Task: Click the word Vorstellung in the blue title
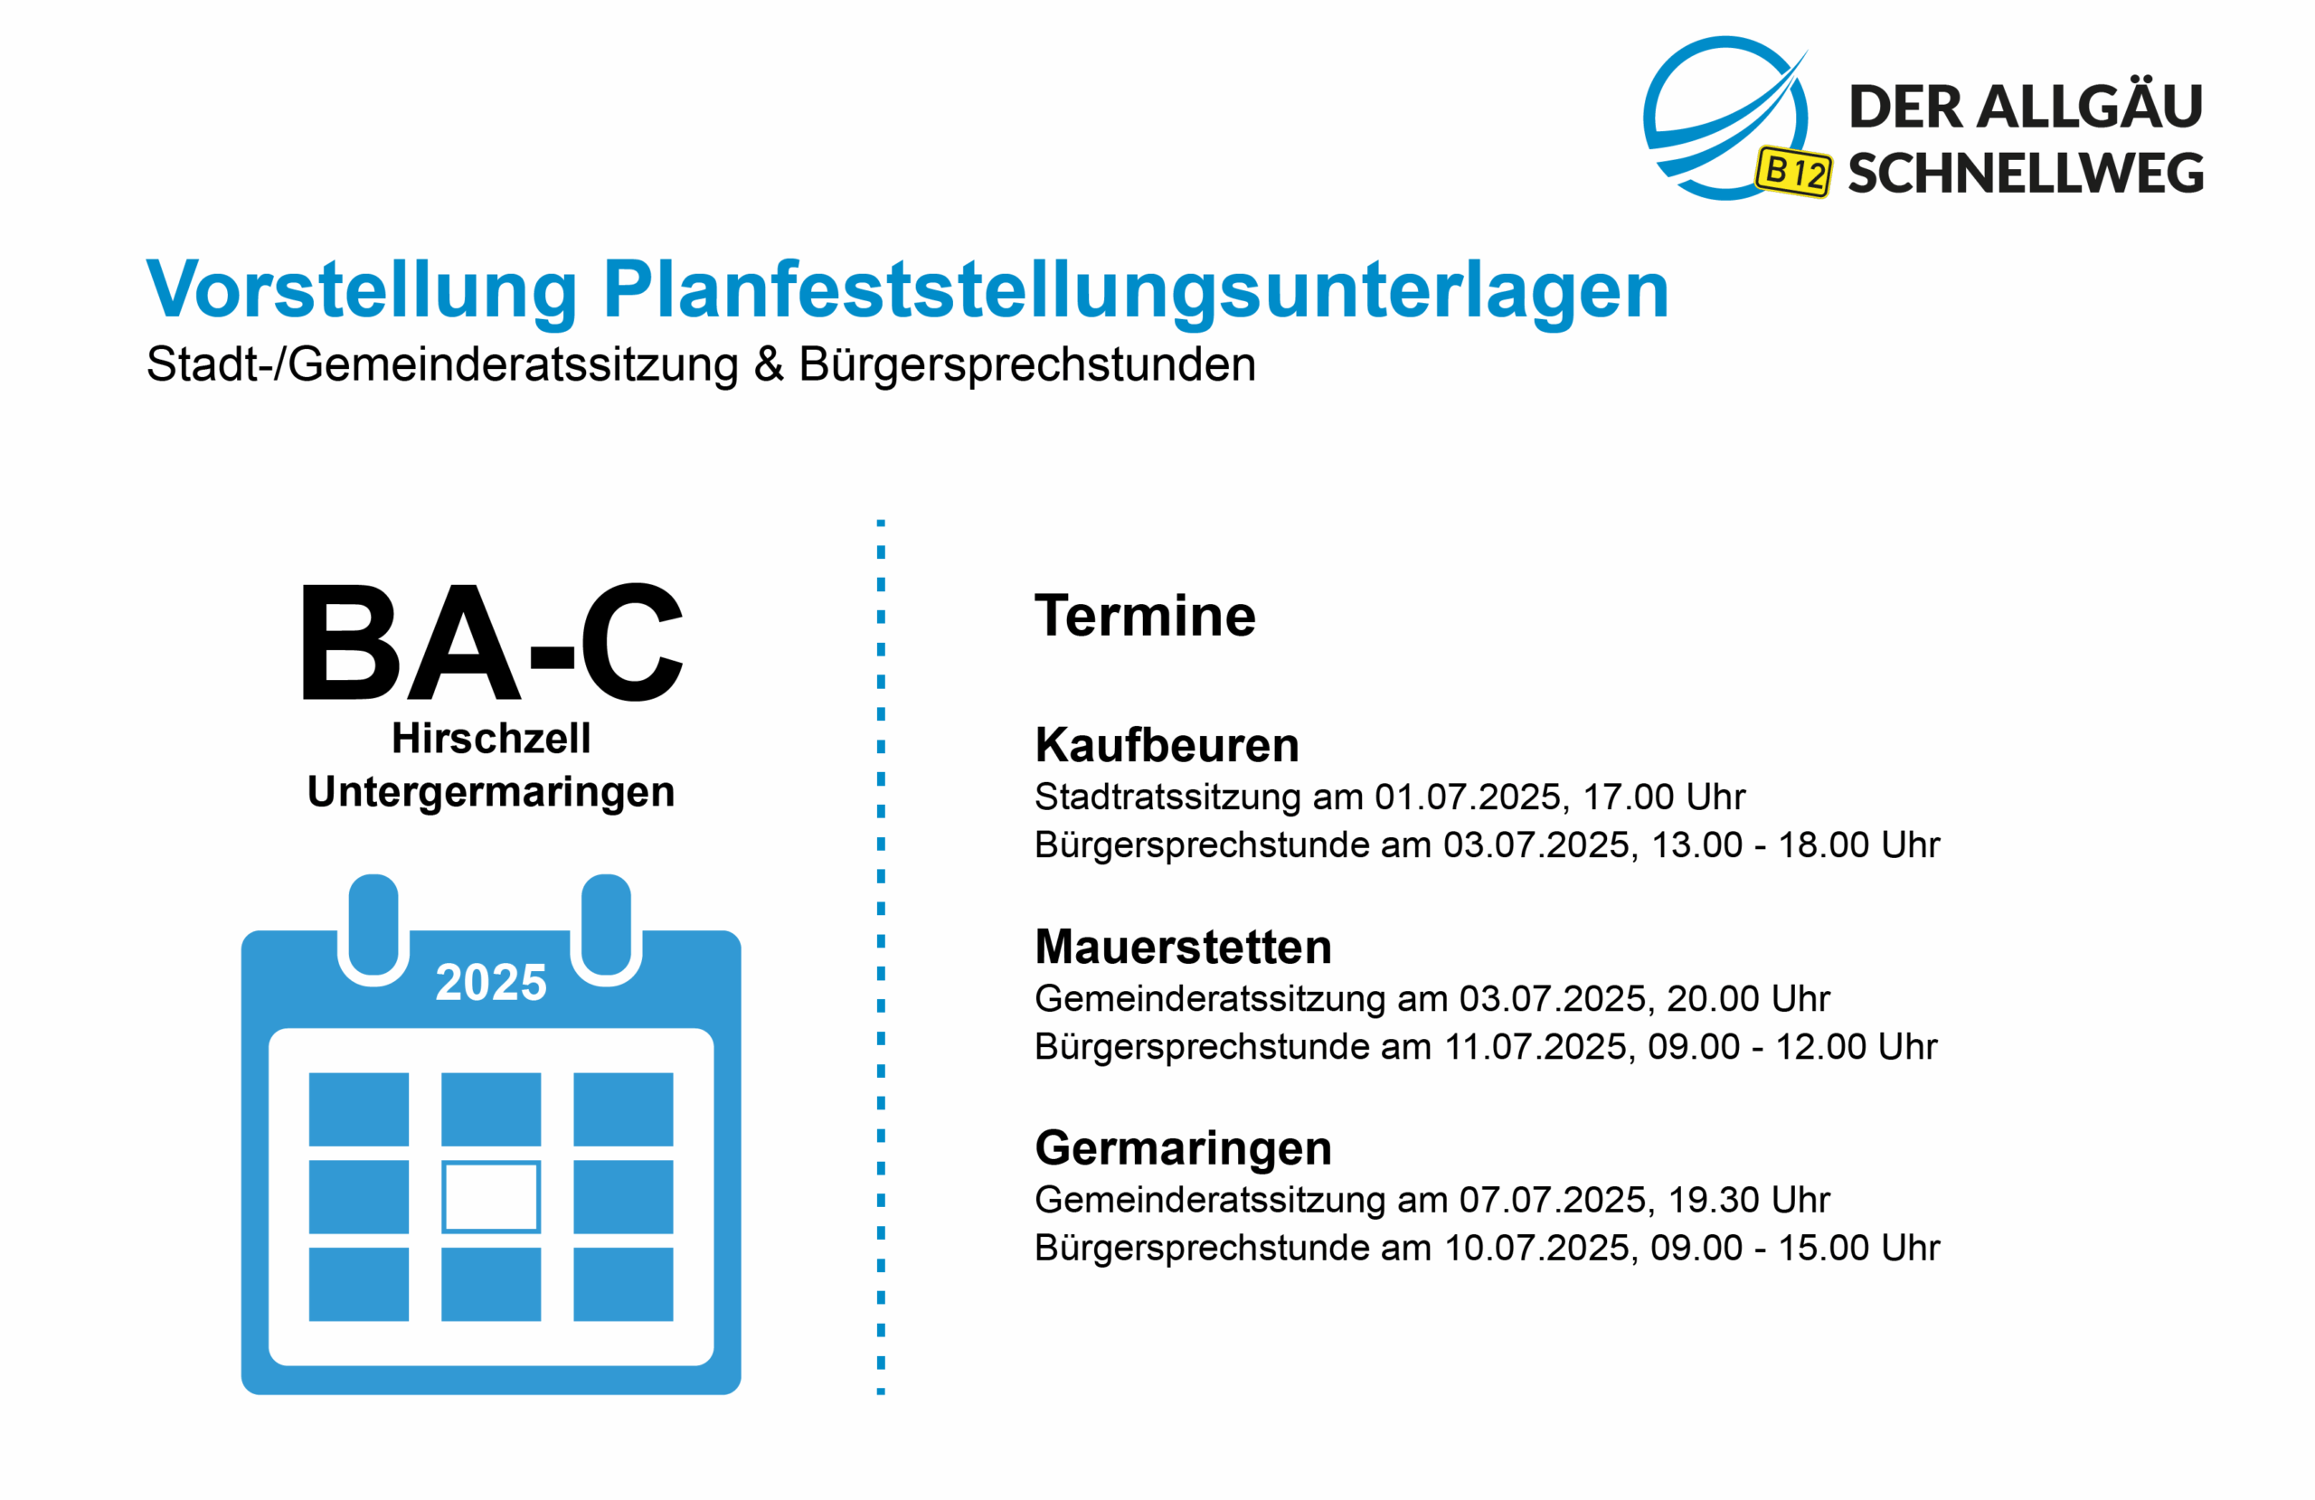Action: point(362,291)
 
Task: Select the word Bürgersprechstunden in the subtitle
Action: point(1027,364)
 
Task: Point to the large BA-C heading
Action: point(492,642)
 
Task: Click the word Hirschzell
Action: point(490,739)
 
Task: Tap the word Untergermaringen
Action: point(490,792)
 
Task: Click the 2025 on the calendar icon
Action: point(491,982)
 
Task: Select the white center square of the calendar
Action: point(491,1196)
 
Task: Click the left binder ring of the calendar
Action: point(373,929)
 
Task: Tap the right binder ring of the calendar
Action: point(606,929)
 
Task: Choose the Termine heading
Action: point(1145,616)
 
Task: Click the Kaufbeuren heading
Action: point(1167,745)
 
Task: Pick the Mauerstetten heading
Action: point(1183,947)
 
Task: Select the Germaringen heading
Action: point(1183,1149)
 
